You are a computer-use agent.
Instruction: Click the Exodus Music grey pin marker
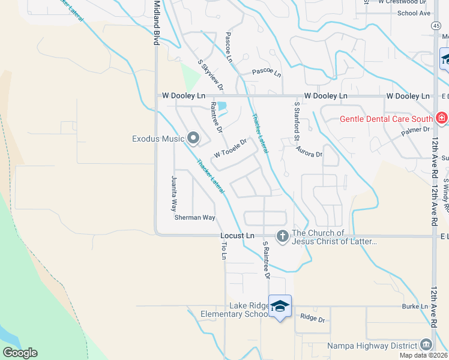tap(193, 139)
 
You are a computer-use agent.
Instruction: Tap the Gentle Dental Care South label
tap(387, 118)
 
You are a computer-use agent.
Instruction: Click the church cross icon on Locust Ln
tap(282, 236)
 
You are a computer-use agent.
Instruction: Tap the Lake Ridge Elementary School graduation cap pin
tap(280, 306)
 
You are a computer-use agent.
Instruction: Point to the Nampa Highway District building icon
tap(426, 345)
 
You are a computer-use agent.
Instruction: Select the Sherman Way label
tap(194, 217)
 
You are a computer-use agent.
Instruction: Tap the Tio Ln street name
tap(223, 248)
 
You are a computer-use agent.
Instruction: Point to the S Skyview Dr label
tap(211, 75)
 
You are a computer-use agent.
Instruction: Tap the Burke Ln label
tap(416, 307)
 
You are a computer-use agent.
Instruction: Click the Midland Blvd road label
tap(157, 23)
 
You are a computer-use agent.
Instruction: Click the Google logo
tap(20, 353)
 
